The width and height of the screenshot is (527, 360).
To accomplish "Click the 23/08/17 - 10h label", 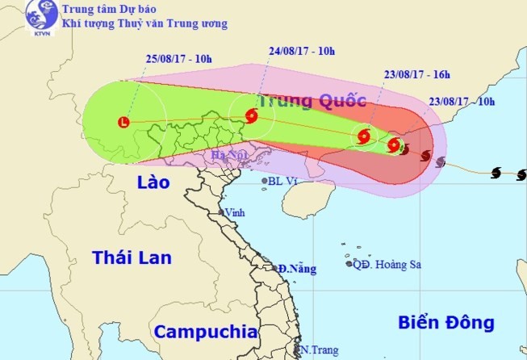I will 462,102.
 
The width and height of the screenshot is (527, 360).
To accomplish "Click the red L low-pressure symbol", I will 123,123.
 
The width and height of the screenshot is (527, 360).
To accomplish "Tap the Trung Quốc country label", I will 312,101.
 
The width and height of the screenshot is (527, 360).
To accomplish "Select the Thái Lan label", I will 132,258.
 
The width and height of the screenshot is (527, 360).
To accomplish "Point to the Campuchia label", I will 206,332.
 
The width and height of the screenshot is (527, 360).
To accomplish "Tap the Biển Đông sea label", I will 445,323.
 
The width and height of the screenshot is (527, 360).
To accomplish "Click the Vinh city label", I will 235,212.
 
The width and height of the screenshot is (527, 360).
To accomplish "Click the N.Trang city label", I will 315,350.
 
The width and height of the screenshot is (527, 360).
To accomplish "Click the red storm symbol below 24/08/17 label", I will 250,116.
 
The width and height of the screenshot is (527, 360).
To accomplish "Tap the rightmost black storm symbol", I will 522,174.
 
